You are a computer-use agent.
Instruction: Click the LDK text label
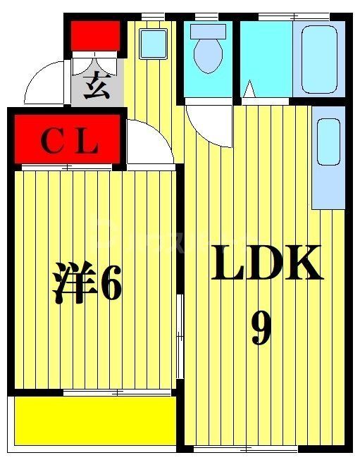(x=267, y=263)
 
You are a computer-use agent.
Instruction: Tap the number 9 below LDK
(x=261, y=328)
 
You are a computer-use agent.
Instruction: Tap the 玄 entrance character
(x=96, y=88)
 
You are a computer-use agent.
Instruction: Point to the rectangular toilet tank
(x=209, y=30)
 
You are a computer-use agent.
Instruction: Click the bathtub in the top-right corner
(x=321, y=58)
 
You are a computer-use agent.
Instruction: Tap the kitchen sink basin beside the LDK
(x=328, y=142)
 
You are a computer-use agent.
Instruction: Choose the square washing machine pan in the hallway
(x=152, y=44)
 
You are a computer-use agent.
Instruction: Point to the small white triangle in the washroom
(x=249, y=90)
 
